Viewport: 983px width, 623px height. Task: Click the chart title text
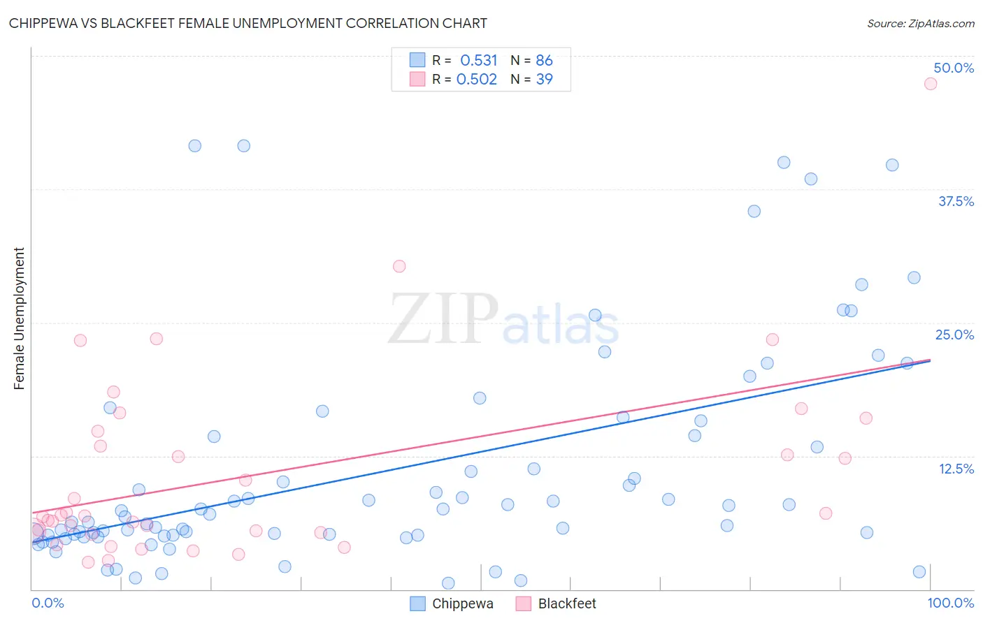[x=248, y=23]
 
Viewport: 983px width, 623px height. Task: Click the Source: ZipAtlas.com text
[x=920, y=24]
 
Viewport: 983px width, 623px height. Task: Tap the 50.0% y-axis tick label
[x=954, y=68]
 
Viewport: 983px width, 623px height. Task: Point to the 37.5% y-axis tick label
[x=956, y=201]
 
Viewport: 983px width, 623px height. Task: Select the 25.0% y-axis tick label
[x=954, y=335]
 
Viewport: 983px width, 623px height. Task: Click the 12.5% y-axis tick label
[x=956, y=469]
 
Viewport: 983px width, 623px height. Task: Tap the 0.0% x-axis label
[x=48, y=603]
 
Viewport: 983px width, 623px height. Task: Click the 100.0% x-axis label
[x=950, y=603]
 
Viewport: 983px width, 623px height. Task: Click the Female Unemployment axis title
[x=19, y=318]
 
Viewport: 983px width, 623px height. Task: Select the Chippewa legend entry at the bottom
[x=462, y=603]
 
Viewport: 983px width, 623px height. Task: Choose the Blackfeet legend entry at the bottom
[x=567, y=603]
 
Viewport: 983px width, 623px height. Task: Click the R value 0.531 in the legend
[x=478, y=60]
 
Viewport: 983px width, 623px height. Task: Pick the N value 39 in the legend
[x=544, y=79]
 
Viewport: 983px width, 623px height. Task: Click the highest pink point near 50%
[x=931, y=84]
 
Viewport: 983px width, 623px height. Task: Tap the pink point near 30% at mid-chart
[x=399, y=266]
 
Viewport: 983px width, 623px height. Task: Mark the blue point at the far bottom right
[x=919, y=572]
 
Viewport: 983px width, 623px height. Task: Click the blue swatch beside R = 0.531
[x=417, y=60]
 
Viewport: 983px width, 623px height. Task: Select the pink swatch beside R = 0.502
[x=417, y=79]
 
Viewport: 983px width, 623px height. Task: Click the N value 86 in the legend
[x=544, y=60]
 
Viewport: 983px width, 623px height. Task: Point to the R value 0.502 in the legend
[x=477, y=79]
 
